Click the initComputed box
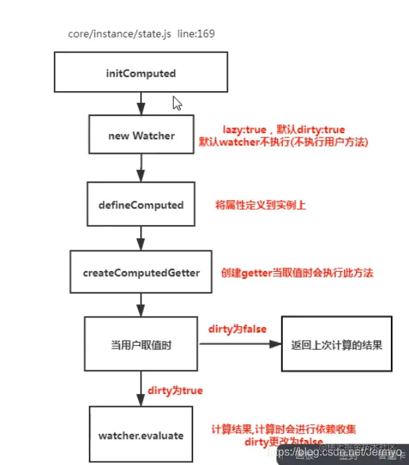coord(141,74)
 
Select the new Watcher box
coord(141,135)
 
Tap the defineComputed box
coord(141,205)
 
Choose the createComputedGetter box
coord(141,273)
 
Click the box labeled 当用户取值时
coord(141,344)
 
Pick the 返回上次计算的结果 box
coord(337,344)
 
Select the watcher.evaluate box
coord(141,435)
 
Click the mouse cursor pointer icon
coord(177,103)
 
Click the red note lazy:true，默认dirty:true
coord(283,130)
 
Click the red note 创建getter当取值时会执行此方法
coord(297,273)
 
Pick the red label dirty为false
coord(237,329)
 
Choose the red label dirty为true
coord(174,390)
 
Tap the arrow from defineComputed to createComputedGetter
coord(141,239)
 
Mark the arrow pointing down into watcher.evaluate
coord(141,390)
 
